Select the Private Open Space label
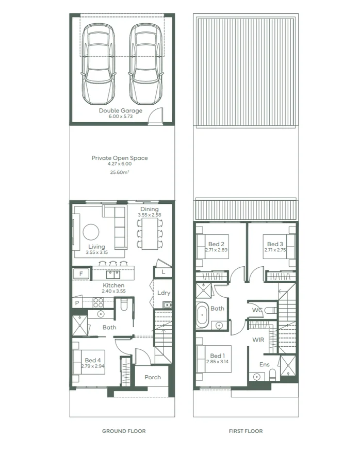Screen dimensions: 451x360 point(120,158)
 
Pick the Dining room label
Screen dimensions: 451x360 point(150,209)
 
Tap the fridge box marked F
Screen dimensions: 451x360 point(81,273)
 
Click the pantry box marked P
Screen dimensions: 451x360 point(77,303)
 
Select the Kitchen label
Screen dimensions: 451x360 point(113,285)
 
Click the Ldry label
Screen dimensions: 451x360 point(164,293)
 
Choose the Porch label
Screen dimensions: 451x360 point(153,377)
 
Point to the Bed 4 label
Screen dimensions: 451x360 point(93,360)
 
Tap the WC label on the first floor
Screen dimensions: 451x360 point(258,310)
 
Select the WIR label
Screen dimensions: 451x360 point(258,340)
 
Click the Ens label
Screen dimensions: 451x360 point(264,364)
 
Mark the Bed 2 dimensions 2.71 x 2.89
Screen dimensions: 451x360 point(216,250)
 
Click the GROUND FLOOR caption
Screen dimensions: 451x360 point(124,431)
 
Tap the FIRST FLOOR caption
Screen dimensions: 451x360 point(246,431)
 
